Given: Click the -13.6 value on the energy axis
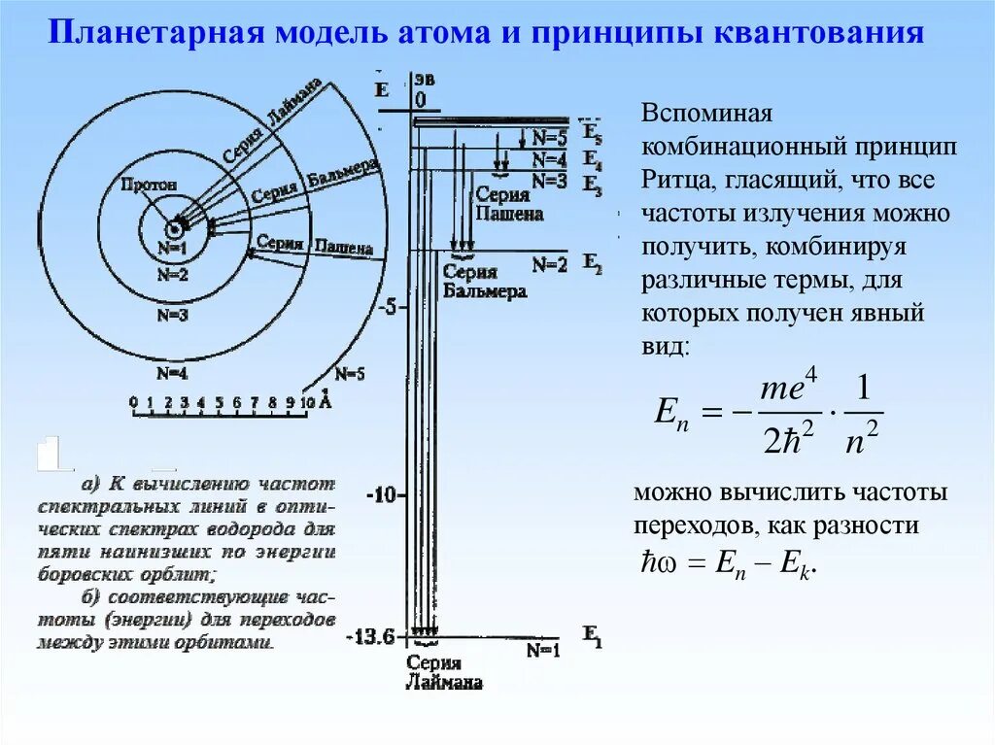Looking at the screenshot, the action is coord(370,638).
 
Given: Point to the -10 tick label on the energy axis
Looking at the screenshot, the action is coord(381,495).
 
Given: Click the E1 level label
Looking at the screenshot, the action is coord(592,636).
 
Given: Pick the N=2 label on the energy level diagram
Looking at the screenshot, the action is coord(549,264).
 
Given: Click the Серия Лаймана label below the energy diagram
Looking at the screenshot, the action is coord(443,672).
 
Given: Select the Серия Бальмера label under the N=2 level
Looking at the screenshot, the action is coord(484,282).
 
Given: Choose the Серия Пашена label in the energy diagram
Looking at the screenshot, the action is coord(508,205).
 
